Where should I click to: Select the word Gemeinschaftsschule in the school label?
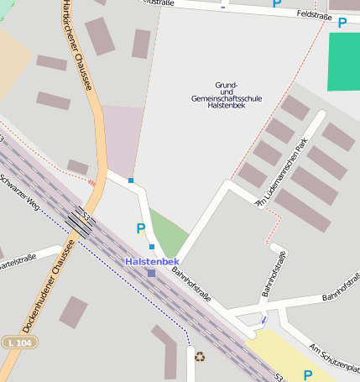click(x=227, y=98)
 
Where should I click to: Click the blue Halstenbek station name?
click(x=151, y=261)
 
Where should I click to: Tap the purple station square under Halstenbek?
click(x=151, y=273)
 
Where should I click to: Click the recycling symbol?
click(x=200, y=356)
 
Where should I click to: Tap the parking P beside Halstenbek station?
click(x=140, y=228)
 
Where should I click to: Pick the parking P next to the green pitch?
click(x=342, y=23)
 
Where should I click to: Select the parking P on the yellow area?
click(x=307, y=374)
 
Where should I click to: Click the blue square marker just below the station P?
click(x=152, y=247)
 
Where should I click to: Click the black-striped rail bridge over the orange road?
click(x=82, y=222)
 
